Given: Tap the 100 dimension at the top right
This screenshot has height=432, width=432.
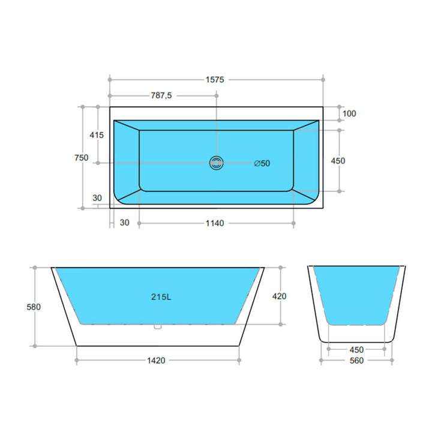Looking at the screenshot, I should pos(349,113).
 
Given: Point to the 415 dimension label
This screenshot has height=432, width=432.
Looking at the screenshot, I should pos(97,135).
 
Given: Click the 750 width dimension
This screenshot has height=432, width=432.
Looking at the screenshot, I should pos(82,158).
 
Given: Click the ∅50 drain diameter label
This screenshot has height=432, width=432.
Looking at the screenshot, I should pos(262,163).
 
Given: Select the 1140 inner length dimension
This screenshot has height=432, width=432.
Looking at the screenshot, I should pos(214,223).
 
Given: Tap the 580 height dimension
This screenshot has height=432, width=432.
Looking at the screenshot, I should pos(34,307).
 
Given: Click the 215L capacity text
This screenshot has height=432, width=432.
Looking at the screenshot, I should pos(159,296).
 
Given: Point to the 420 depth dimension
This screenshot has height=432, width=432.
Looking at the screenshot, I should pos(280,296).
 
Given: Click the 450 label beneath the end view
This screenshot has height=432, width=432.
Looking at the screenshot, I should pos(356,350).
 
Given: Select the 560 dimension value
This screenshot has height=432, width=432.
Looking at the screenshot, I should pos(356,361).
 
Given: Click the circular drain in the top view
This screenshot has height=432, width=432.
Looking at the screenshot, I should pos(216,163).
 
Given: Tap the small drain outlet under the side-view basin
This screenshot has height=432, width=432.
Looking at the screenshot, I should pos(158,327).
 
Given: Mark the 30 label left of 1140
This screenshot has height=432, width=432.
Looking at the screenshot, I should pos(124,223).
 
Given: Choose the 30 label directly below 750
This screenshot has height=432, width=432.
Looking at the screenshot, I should pos(97,197).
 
